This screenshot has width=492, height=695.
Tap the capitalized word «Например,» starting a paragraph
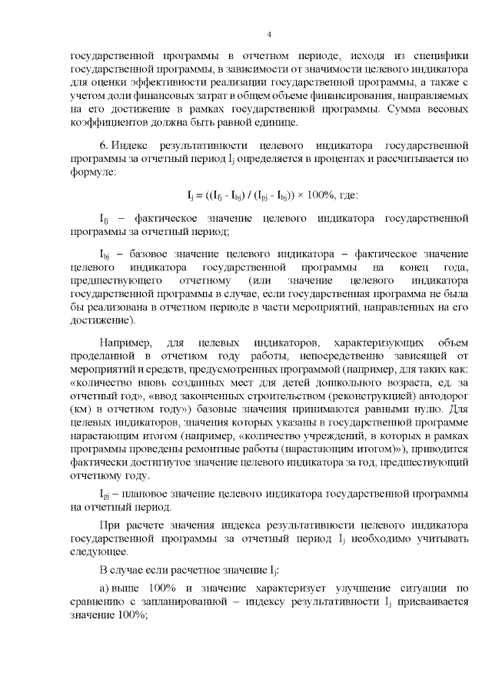[126, 340]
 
